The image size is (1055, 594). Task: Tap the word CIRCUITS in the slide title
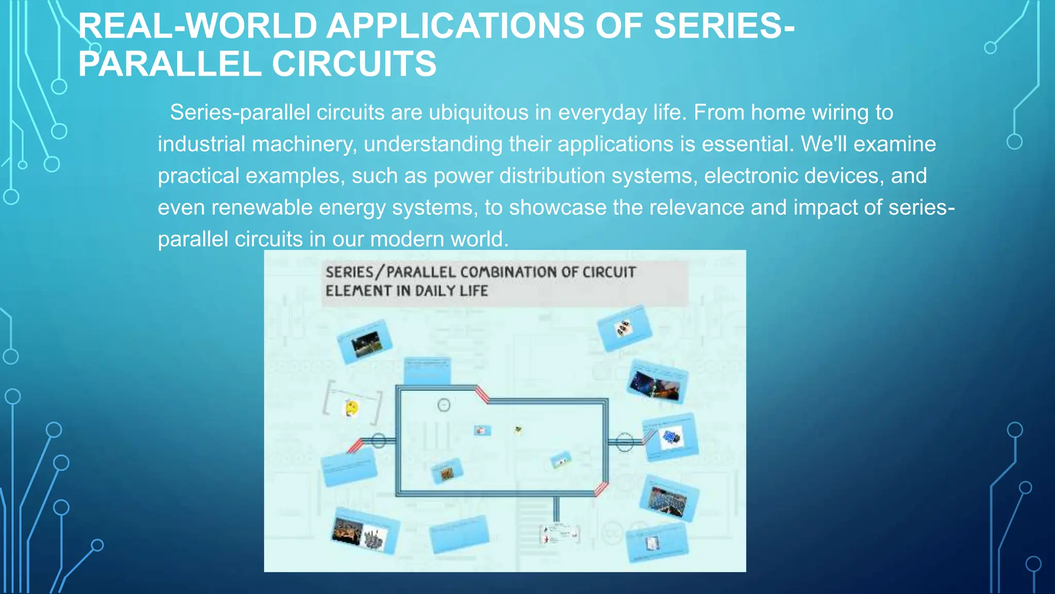click(x=354, y=64)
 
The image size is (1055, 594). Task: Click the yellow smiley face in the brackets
click(x=351, y=408)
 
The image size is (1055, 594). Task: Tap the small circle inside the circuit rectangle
click(x=444, y=405)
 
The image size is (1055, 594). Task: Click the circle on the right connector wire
click(x=624, y=442)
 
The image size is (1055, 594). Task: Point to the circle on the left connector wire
click(x=379, y=441)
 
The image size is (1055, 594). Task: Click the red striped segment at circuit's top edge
click(x=482, y=394)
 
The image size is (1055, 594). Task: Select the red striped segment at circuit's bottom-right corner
click(x=601, y=488)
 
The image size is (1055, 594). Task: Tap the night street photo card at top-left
click(x=365, y=341)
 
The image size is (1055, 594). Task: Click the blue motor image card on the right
click(x=671, y=438)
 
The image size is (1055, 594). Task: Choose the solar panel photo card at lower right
click(x=668, y=499)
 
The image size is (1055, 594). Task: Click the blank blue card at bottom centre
click(x=459, y=534)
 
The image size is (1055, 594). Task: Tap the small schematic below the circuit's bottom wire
click(x=559, y=534)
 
